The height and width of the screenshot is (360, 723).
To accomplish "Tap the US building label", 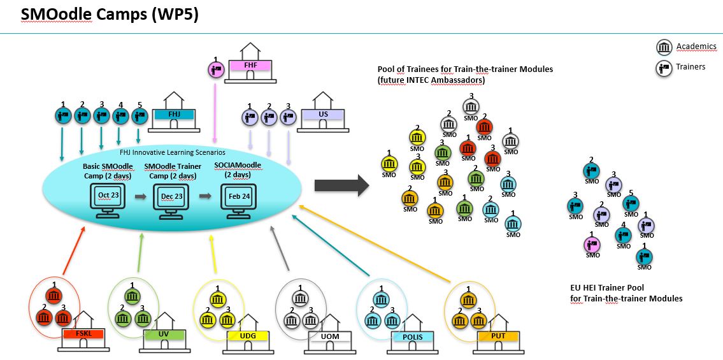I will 324,115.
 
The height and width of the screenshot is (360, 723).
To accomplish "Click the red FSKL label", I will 83,333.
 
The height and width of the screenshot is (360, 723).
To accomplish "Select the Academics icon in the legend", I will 664,47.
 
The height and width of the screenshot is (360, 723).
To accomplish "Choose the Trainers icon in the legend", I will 664,67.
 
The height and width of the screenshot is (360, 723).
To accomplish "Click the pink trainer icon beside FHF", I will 215,68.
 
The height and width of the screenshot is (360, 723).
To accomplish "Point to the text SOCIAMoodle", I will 238,166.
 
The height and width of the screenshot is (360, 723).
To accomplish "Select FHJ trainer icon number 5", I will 140,115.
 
